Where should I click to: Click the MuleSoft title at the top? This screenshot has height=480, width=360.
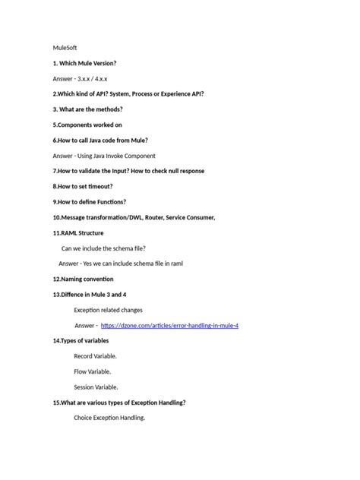click(67, 47)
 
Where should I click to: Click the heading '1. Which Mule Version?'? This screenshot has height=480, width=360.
click(84, 62)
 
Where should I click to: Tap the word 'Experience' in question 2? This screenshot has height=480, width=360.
click(167, 93)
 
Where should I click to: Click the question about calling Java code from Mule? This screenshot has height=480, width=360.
click(100, 140)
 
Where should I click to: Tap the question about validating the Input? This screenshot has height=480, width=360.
click(128, 171)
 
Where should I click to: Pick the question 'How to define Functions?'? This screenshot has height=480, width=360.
click(90, 202)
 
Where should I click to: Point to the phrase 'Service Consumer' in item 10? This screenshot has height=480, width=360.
click(190, 217)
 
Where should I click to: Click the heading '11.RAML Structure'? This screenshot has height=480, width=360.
click(78, 232)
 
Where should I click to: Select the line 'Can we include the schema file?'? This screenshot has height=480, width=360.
click(104, 248)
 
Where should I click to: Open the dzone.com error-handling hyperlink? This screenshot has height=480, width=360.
click(169, 325)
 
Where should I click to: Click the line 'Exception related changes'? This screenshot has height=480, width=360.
click(108, 310)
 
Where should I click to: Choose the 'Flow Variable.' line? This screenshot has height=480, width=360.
click(92, 371)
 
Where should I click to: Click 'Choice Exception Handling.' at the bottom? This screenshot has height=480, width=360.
click(109, 418)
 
